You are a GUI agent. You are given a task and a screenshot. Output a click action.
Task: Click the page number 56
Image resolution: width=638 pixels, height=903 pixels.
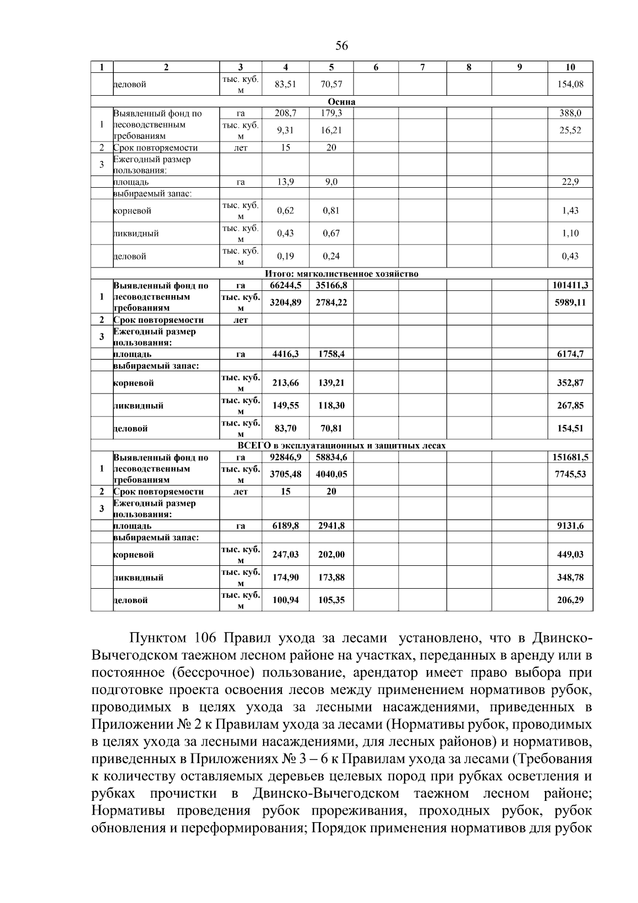click(x=342, y=46)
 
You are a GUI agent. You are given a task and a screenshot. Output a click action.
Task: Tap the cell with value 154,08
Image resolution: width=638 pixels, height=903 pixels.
click(x=570, y=84)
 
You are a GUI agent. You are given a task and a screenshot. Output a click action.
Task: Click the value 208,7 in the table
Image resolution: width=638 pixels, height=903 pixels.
click(x=286, y=113)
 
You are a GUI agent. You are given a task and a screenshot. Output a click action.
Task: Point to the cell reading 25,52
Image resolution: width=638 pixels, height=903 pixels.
click(x=570, y=130)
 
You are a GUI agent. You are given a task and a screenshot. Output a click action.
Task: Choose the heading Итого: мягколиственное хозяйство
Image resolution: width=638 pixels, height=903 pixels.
click(x=342, y=274)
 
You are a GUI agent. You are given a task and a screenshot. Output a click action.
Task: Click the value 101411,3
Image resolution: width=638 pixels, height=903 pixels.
click(x=570, y=286)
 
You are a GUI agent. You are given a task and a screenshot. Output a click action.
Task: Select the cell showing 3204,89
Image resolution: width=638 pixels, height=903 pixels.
click(x=286, y=303)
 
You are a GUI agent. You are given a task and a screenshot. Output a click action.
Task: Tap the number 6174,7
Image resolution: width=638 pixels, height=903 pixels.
click(x=570, y=354)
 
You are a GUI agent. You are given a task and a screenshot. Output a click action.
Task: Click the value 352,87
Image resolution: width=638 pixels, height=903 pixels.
click(x=570, y=383)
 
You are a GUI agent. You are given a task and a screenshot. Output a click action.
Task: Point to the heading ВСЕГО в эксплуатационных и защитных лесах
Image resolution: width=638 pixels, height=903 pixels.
click(x=342, y=446)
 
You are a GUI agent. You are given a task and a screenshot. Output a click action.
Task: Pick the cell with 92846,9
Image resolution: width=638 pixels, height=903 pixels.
click(x=286, y=457)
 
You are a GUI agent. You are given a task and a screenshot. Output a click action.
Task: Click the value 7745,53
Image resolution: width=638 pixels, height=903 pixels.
click(x=570, y=474)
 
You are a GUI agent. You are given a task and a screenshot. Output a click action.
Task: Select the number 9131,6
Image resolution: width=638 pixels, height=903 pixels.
click(x=570, y=526)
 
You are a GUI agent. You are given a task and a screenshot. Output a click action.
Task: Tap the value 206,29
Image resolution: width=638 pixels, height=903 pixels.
click(x=570, y=600)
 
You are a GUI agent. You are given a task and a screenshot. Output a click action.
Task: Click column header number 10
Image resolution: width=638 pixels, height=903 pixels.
click(x=570, y=67)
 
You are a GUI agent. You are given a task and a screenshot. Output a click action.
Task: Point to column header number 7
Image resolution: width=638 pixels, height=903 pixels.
click(x=422, y=67)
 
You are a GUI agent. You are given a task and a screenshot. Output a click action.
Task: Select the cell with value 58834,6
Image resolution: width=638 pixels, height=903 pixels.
click(x=331, y=457)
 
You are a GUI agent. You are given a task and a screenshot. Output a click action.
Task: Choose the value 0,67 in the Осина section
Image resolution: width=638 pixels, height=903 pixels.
click(x=331, y=233)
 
